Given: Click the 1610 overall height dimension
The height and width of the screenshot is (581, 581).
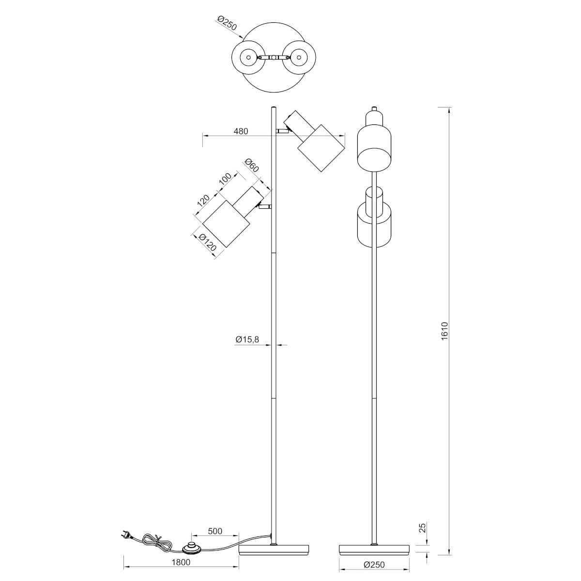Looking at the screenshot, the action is click(445, 331).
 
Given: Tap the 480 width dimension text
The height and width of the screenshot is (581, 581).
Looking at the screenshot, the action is click(241, 131).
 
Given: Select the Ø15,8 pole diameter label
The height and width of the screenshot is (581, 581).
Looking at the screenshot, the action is click(247, 339).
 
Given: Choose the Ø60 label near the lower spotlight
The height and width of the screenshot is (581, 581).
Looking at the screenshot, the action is click(252, 165).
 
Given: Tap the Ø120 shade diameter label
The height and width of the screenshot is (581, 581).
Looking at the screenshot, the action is click(208, 243).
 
